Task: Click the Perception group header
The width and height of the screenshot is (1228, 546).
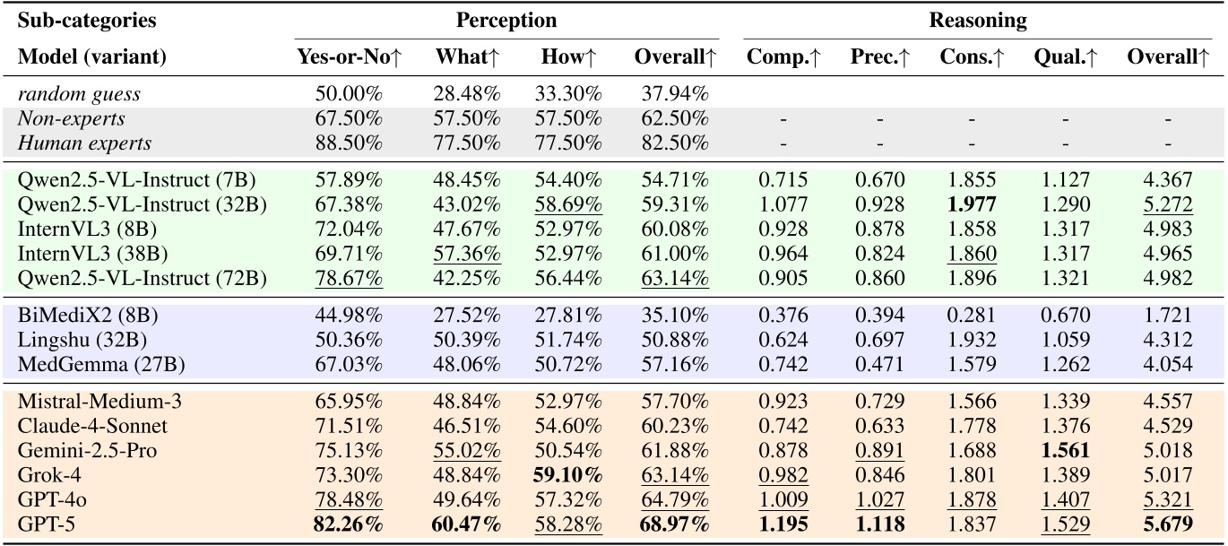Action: coord(506,21)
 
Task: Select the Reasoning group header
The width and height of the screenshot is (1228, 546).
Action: coord(977,21)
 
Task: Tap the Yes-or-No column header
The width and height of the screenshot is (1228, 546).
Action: coord(349,56)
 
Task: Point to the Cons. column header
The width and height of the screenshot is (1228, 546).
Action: coord(972,56)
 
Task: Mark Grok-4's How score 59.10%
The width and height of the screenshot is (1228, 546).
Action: coord(573,475)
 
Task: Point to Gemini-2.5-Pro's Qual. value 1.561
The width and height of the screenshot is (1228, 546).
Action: coord(1065,450)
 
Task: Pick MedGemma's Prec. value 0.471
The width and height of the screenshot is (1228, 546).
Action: coord(879,364)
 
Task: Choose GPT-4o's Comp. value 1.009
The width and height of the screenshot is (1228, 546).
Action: coord(785,498)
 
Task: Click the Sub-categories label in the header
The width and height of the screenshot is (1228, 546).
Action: coord(74,21)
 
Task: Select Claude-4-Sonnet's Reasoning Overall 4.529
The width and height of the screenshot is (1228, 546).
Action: coord(1167,426)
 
